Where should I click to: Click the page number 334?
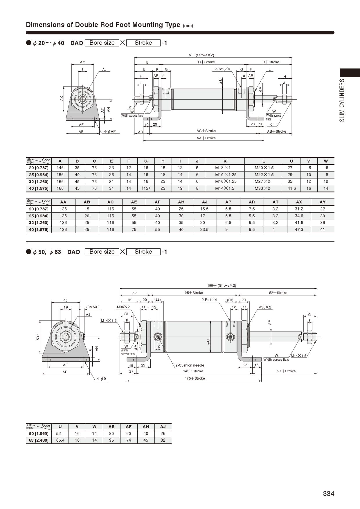click(x=328, y=494)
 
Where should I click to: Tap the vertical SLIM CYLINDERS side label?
click(x=342, y=100)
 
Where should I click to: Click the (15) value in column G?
click(x=146, y=188)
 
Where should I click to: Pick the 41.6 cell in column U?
click(x=291, y=188)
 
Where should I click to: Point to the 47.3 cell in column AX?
click(x=299, y=230)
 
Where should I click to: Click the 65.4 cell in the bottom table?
click(x=60, y=440)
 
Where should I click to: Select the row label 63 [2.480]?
click(x=39, y=440)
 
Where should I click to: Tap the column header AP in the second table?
click(x=228, y=202)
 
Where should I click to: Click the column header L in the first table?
click(x=264, y=161)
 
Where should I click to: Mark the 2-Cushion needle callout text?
click(x=190, y=365)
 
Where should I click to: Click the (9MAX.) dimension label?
click(x=93, y=307)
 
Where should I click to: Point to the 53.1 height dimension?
click(x=38, y=337)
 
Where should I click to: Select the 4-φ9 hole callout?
click(x=101, y=379)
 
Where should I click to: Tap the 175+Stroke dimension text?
click(x=195, y=378)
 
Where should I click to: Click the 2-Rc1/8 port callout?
click(x=222, y=69)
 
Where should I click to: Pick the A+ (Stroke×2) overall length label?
click(x=201, y=55)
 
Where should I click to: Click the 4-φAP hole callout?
click(x=110, y=131)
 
